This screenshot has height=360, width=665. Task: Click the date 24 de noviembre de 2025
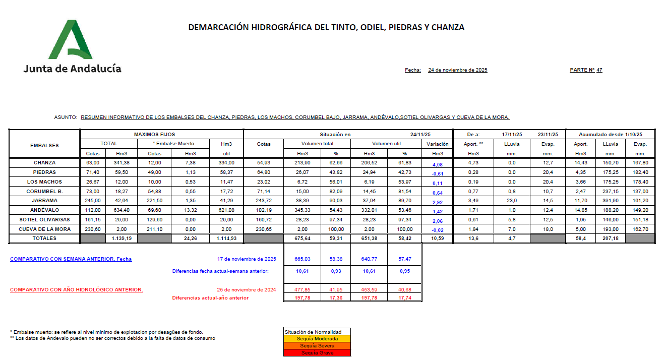(457, 70)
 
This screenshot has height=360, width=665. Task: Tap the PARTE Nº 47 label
(586, 70)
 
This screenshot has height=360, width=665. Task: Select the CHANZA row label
(44, 163)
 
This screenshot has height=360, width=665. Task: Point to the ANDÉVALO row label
(44, 210)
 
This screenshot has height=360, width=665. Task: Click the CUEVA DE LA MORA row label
(44, 229)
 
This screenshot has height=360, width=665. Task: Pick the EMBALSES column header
(44, 145)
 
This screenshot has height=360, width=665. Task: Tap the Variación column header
(437, 144)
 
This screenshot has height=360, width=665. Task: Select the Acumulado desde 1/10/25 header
(611, 135)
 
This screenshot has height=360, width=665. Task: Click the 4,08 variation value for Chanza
(437, 164)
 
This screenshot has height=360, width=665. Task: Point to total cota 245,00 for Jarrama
(92, 201)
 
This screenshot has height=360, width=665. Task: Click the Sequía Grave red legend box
(317, 353)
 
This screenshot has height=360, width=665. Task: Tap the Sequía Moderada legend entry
(317, 339)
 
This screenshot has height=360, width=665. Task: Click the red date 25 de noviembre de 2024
(247, 289)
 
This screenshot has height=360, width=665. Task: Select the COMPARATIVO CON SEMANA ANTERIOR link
(71, 259)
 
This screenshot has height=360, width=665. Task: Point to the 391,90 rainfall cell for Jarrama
(611, 201)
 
